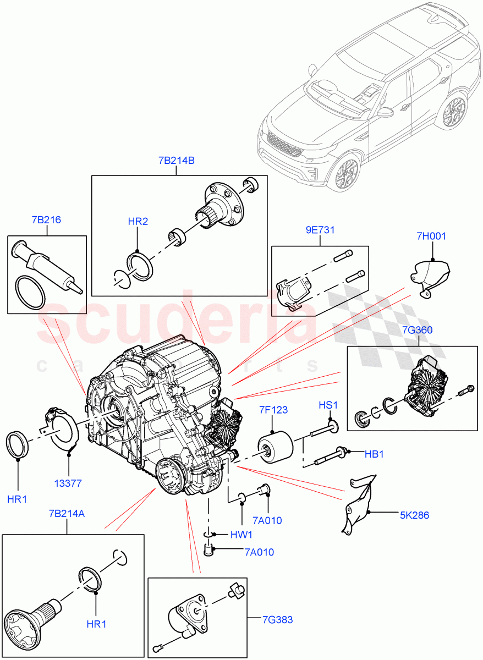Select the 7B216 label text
[47, 220]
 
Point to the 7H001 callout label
[432, 237]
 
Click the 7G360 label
[418, 330]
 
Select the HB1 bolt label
[374, 454]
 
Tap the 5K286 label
[415, 515]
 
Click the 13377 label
[68, 483]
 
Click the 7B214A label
[67, 513]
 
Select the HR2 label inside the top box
[138, 222]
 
